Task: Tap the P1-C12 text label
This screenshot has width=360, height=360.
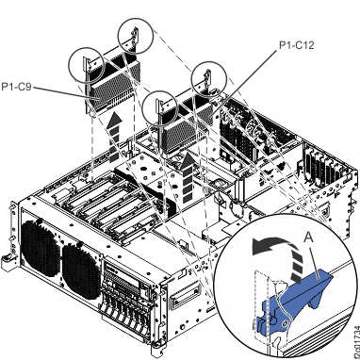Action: pyautogui.click(x=299, y=43)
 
